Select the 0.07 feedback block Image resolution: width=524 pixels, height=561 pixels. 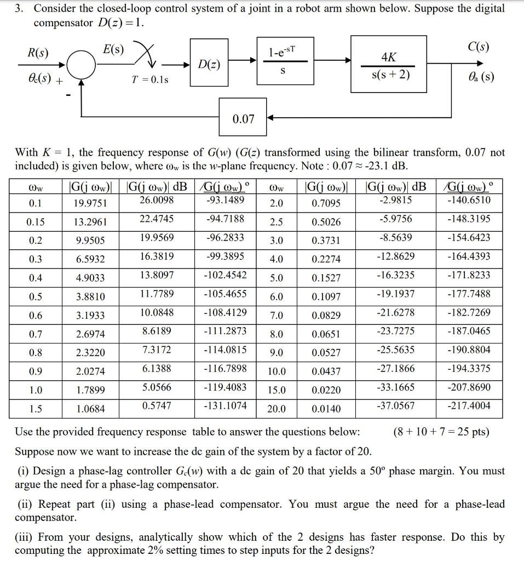click(x=243, y=118)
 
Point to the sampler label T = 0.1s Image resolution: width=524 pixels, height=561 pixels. click(x=150, y=79)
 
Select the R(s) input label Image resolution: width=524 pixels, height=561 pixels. click(x=38, y=54)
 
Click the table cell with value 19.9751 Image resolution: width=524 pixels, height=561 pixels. click(x=90, y=204)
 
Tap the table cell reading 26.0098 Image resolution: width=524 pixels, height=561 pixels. click(x=157, y=200)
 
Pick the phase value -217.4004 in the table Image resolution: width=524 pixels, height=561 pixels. click(x=469, y=406)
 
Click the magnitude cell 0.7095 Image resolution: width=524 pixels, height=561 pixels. click(x=326, y=204)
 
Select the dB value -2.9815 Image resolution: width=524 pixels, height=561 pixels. click(x=396, y=200)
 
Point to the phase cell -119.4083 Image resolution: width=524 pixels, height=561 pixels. click(x=225, y=387)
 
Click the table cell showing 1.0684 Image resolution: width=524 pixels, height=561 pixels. click(x=90, y=409)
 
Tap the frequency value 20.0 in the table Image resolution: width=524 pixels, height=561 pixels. click(x=277, y=409)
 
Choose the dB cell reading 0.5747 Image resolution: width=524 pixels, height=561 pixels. click(x=157, y=406)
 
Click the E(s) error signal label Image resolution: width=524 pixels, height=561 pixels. click(x=114, y=49)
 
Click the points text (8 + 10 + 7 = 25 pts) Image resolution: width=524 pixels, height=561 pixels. click(x=441, y=432)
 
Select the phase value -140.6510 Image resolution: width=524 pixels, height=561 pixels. click(x=469, y=200)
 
